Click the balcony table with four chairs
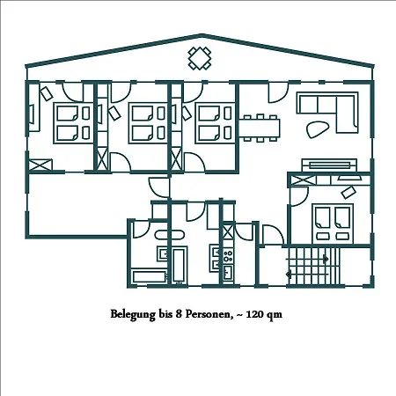200,58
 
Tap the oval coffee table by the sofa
318,128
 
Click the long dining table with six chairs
260,128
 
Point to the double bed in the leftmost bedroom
73,123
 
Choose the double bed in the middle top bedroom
148,123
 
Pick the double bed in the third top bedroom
216,123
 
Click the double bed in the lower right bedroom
333,224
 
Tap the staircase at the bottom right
313,267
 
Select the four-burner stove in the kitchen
228,255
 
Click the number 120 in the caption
254,314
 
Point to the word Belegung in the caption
133,314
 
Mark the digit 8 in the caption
178,314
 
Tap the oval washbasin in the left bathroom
170,235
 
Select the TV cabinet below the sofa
329,165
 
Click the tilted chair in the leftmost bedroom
47,94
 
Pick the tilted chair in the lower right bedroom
348,192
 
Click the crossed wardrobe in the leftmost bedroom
40,165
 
